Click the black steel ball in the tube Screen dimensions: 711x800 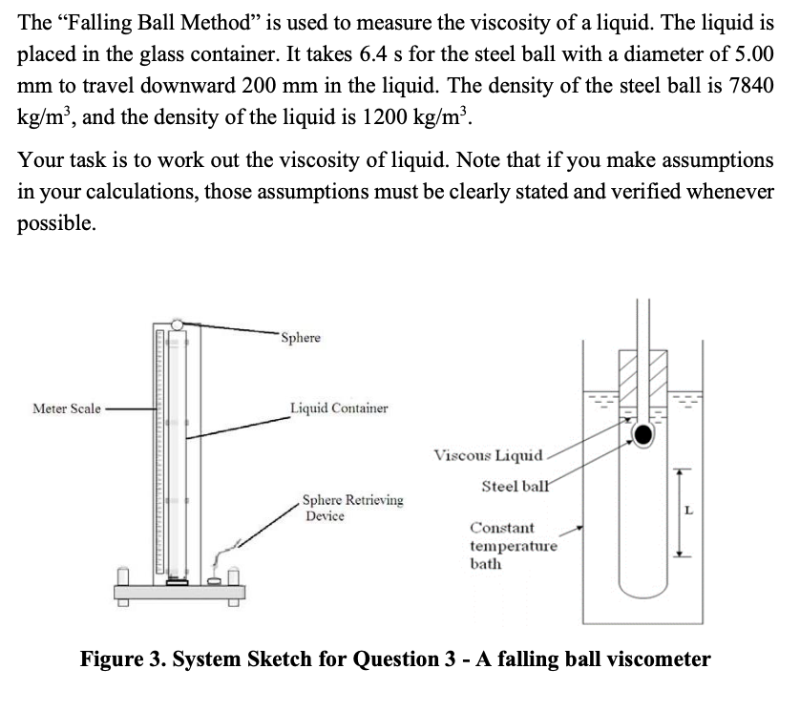click(643, 435)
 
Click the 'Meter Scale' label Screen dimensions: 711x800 click(67, 408)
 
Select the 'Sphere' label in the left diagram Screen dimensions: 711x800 click(302, 338)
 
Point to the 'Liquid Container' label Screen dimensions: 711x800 click(340, 408)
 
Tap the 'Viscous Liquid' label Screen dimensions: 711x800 click(488, 454)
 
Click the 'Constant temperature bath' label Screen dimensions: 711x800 click(514, 545)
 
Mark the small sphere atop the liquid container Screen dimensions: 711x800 click(177, 324)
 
